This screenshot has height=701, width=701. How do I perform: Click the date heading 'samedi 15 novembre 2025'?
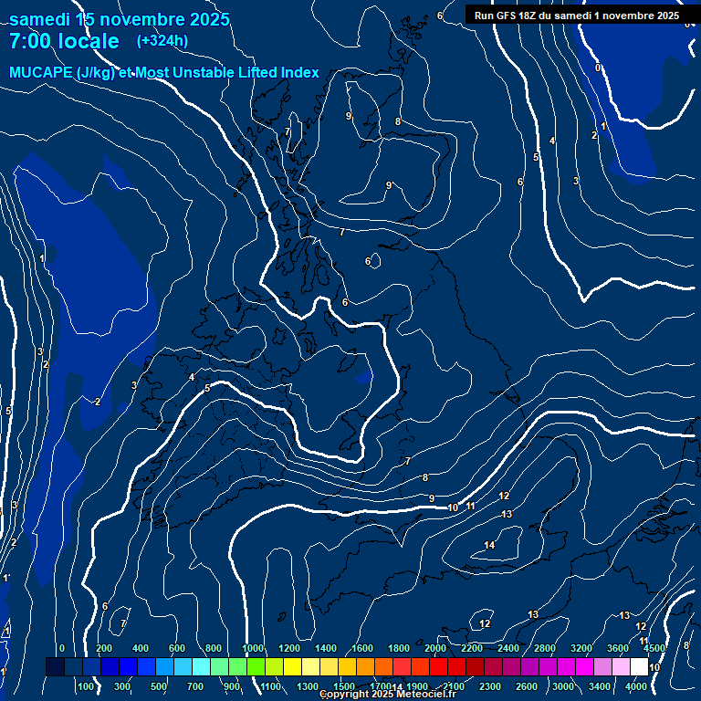tap(120, 19)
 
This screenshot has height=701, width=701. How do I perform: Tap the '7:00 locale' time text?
tap(64, 41)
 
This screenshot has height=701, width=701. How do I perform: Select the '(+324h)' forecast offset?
tap(162, 40)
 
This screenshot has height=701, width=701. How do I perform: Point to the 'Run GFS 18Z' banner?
tap(576, 16)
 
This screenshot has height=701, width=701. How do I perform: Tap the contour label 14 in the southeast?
tap(489, 545)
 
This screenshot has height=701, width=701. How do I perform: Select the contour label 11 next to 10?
tap(471, 506)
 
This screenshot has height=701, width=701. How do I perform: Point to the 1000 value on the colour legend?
tap(253, 648)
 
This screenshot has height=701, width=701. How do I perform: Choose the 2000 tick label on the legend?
tap(435, 648)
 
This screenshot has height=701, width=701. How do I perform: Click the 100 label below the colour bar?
tap(86, 686)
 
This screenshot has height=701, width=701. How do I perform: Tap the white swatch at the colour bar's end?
tap(639, 667)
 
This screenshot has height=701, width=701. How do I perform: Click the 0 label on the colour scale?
tap(61, 648)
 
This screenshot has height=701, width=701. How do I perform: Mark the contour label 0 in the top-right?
tap(598, 68)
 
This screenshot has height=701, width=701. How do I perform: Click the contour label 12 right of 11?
tap(504, 496)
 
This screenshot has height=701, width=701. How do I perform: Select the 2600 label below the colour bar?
tap(527, 686)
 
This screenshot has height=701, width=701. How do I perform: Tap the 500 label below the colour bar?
tap(160, 686)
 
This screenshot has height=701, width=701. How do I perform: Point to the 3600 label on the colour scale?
tap(618, 648)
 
